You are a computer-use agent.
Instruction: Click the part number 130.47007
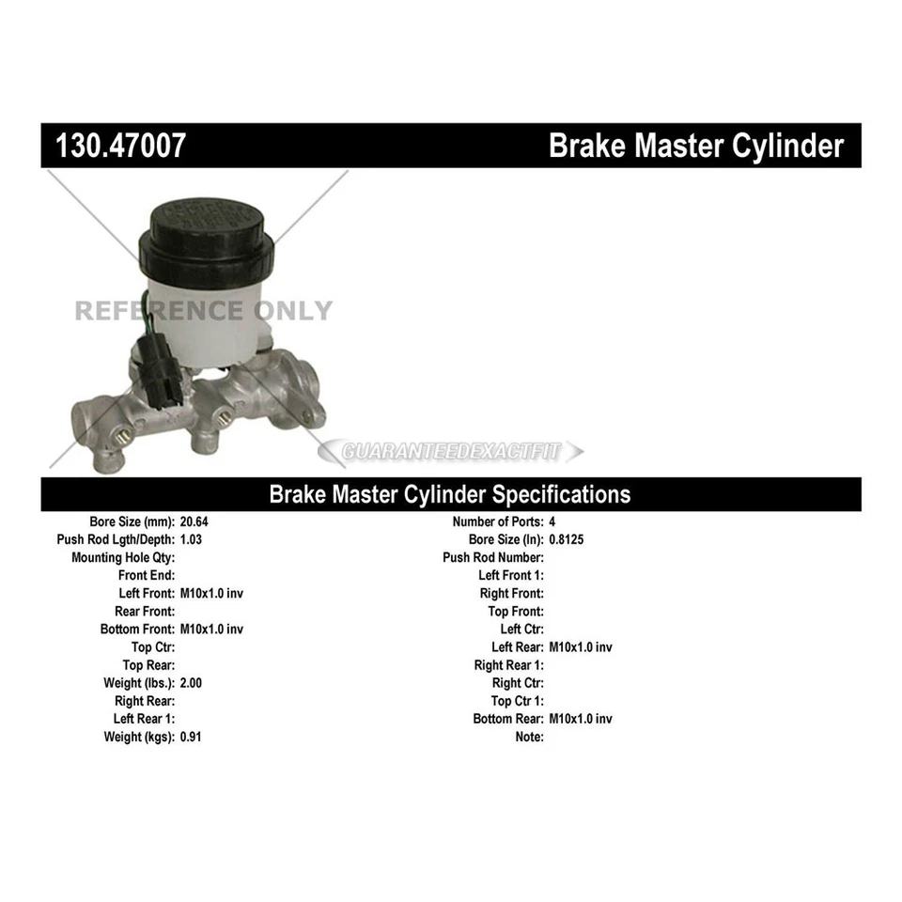[120, 147]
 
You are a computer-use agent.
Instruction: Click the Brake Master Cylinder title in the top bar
[695, 147]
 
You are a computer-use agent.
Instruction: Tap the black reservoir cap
[208, 237]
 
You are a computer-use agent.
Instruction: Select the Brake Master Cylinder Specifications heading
[450, 494]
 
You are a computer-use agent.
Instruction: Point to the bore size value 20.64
[194, 521]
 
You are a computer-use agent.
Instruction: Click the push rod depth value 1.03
[192, 539]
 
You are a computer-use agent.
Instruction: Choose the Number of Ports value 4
[552, 521]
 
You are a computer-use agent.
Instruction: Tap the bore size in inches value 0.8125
[567, 539]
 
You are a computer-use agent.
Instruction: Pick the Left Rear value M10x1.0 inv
[581, 647]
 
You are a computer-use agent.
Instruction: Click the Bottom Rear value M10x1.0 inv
[581, 719]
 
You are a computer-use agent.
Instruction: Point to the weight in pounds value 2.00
[191, 683]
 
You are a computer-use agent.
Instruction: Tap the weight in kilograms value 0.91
[191, 737]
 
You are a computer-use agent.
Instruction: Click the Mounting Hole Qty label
[123, 557]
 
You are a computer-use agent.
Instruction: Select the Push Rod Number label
[493, 557]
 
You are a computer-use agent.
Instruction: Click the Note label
[529, 737]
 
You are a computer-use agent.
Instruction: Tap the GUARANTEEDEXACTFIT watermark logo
[451, 452]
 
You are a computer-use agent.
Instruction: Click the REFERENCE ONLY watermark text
[203, 311]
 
